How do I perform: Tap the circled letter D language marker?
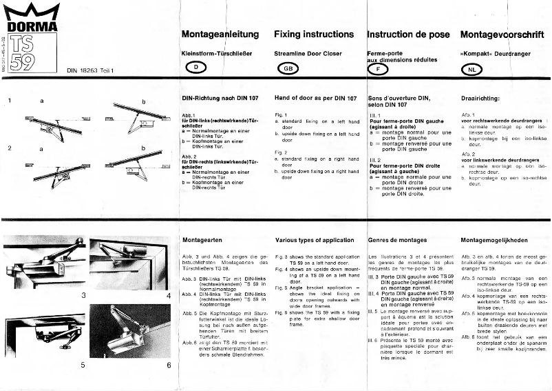tap(196, 68)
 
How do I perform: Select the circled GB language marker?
tap(288, 68)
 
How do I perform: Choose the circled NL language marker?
tap(471, 69)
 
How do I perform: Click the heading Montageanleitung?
tap(220, 34)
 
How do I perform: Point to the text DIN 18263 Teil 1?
tap(90, 70)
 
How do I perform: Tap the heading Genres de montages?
tap(398, 241)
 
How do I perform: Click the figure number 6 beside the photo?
tap(169, 365)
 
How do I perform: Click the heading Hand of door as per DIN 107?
tap(315, 99)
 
